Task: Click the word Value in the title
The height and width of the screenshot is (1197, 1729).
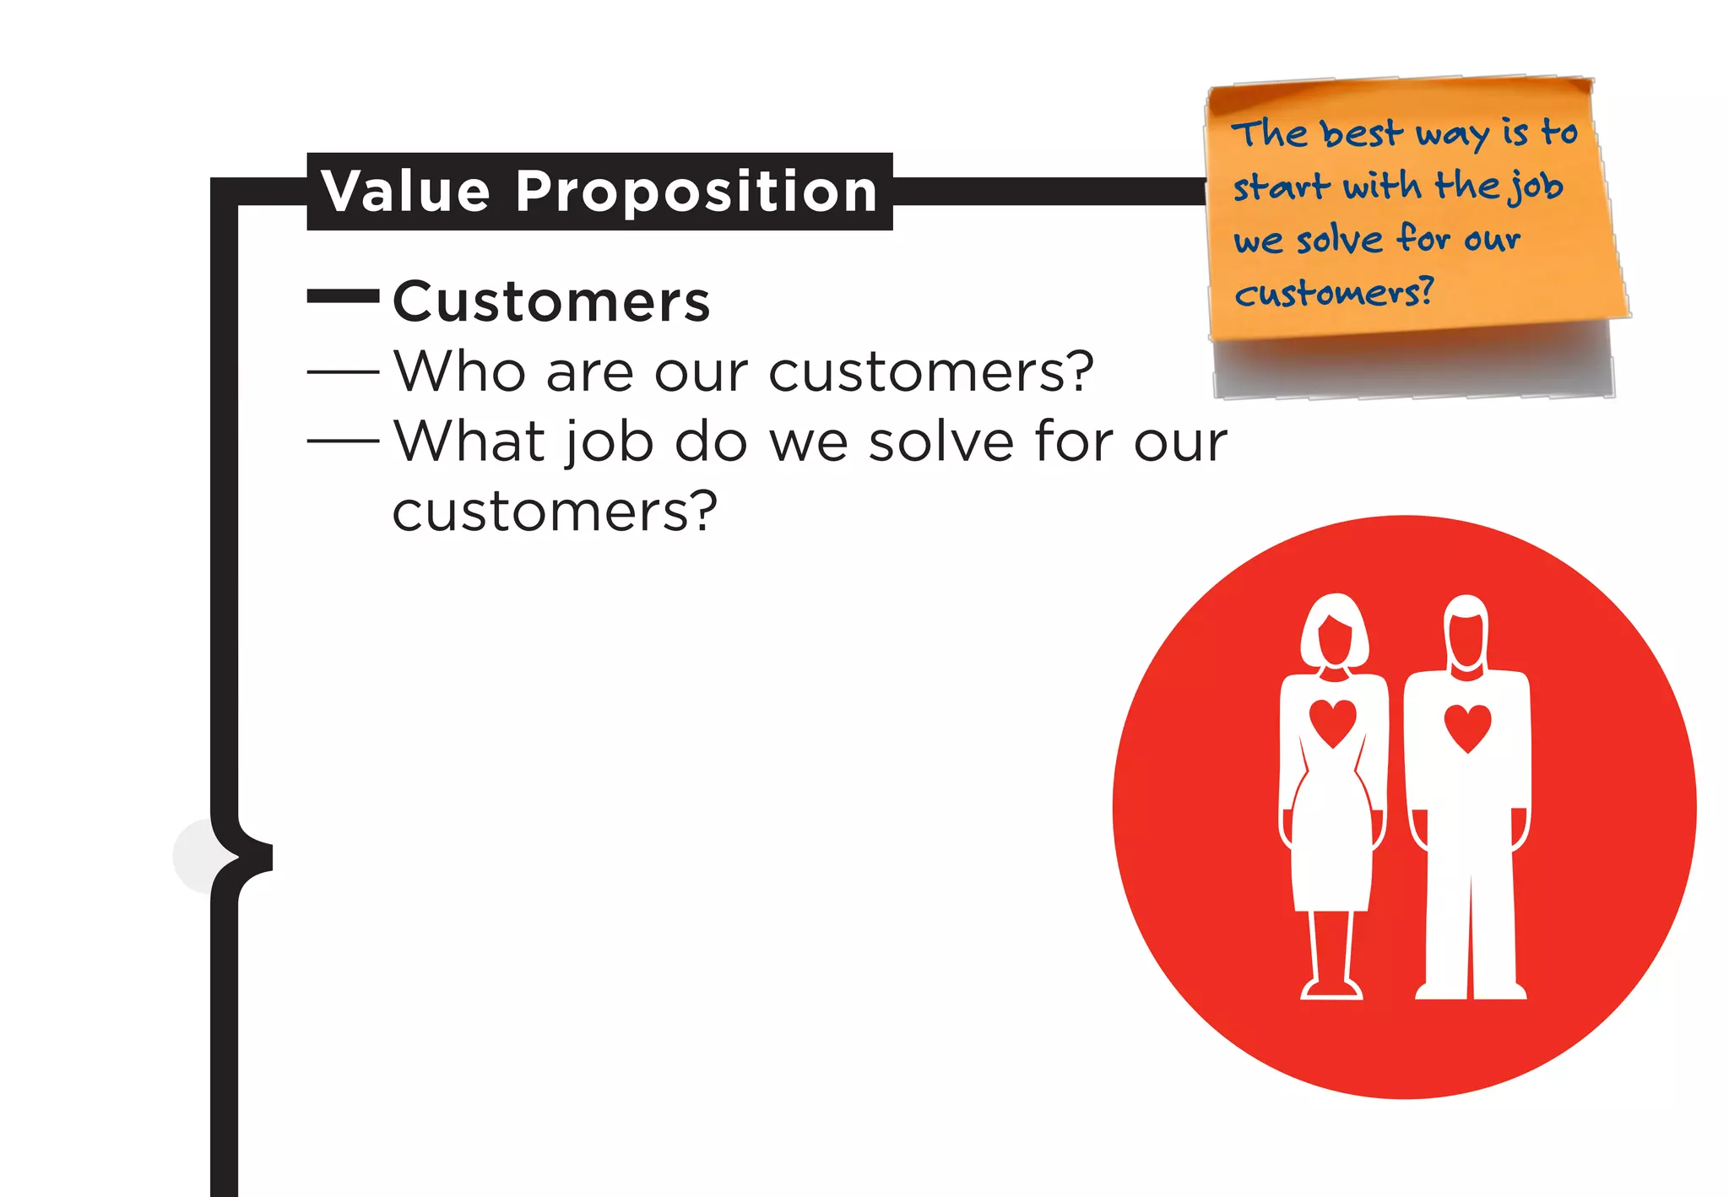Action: pos(405,192)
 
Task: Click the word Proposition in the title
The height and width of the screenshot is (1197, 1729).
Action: pos(696,192)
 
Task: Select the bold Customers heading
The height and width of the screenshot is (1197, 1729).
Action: pos(551,301)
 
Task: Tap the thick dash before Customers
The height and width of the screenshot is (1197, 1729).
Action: pos(343,295)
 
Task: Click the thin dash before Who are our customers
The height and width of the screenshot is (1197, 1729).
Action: pos(343,371)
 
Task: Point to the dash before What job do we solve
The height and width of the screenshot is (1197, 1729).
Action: pos(343,441)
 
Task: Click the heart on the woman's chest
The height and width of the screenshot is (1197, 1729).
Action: pos(1332,722)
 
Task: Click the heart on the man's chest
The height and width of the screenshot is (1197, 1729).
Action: pos(1467,726)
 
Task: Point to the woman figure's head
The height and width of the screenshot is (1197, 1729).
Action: pos(1334,631)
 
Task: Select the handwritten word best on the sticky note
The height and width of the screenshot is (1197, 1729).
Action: pos(1361,133)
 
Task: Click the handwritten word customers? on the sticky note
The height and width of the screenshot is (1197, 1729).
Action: pos(1334,293)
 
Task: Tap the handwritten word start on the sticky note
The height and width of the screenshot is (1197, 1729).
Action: pos(1281,187)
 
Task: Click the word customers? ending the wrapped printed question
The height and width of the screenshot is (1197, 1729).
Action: pos(555,512)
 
